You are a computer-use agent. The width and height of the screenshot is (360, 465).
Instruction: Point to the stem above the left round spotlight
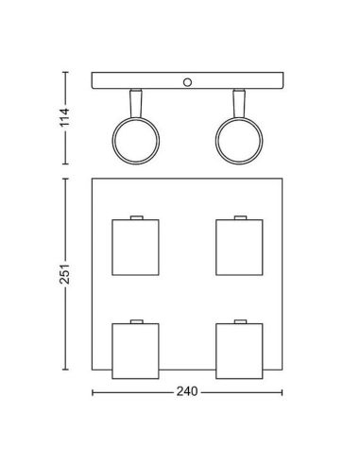point(137,103)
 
